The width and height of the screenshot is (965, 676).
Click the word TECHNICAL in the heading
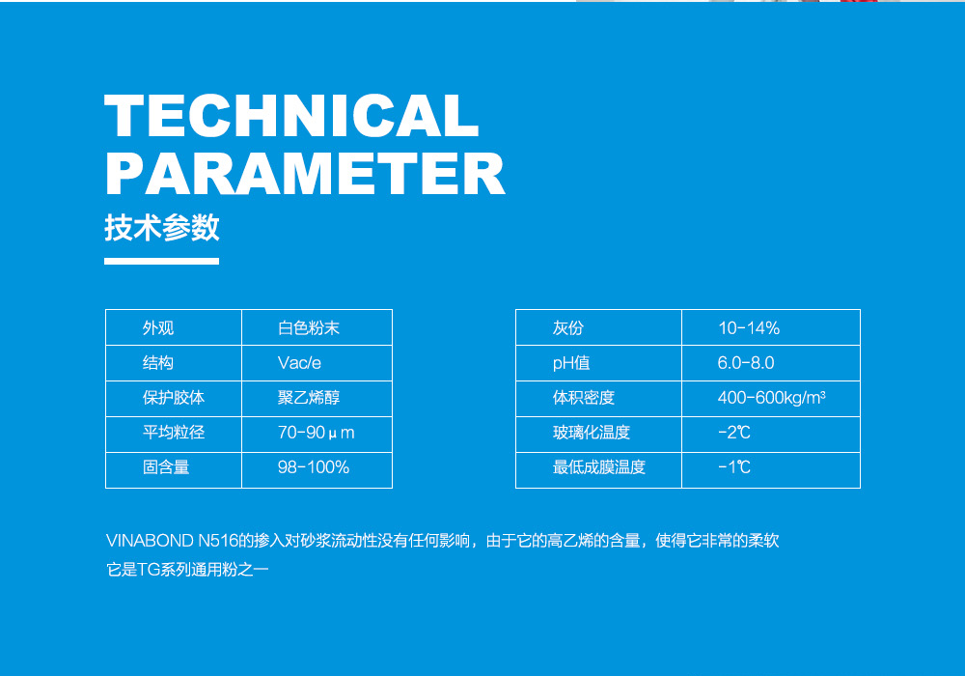pyautogui.click(x=291, y=116)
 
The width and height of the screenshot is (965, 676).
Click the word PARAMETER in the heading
pyautogui.click(x=305, y=174)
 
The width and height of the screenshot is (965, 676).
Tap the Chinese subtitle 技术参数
pyautogui.click(x=162, y=228)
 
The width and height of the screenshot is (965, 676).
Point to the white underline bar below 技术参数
pyautogui.click(x=162, y=261)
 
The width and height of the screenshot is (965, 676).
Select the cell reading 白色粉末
pyautogui.click(x=309, y=328)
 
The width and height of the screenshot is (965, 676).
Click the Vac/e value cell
pyautogui.click(x=299, y=363)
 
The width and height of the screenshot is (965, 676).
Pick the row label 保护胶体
pyautogui.click(x=174, y=398)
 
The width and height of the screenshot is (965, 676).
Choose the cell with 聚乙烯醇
pyautogui.click(x=309, y=398)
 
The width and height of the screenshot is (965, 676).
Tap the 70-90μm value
pyautogui.click(x=316, y=433)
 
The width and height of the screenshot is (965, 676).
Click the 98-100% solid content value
pyautogui.click(x=314, y=467)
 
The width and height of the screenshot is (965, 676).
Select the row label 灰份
pyautogui.click(x=567, y=328)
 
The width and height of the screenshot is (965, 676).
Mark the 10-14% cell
pyautogui.click(x=749, y=328)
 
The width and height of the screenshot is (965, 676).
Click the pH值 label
pyautogui.click(x=571, y=363)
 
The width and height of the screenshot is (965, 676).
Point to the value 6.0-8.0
pyautogui.click(x=745, y=363)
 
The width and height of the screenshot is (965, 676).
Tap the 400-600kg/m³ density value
pyautogui.click(x=771, y=398)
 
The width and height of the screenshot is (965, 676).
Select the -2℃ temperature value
pyautogui.click(x=733, y=433)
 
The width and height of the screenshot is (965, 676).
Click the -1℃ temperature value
pyautogui.click(x=733, y=467)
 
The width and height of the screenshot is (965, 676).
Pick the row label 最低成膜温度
pyautogui.click(x=599, y=467)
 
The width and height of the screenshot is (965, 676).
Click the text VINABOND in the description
pyautogui.click(x=150, y=541)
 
